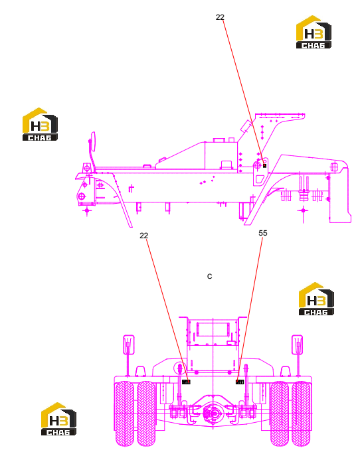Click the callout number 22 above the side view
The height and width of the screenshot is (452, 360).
pos(220,17)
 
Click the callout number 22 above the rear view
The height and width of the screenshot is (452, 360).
pos(143,236)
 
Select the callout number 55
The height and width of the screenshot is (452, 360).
pos(263,233)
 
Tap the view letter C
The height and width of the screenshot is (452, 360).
pos(210,276)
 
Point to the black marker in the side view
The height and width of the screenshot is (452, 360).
pos(264,165)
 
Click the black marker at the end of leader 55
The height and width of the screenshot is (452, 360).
pos(240,382)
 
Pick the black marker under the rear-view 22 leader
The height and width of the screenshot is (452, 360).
pos(187,382)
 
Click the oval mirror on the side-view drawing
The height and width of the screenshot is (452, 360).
pos(93,141)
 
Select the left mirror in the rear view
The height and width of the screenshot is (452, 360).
pos(129,344)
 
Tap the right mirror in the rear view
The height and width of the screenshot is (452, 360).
pos(297,344)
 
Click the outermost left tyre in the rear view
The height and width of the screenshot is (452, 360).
pos(125,414)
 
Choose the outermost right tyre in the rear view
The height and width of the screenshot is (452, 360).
pos(301,414)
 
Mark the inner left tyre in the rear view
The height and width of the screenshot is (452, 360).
pos(146,414)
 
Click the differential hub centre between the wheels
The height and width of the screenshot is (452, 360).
pos(214,414)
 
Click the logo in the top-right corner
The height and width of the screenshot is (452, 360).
pos(314,32)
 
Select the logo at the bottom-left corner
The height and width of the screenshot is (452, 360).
pos(58,419)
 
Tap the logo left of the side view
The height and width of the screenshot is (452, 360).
pos(40,124)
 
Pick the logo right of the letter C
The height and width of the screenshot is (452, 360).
pos(316,299)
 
